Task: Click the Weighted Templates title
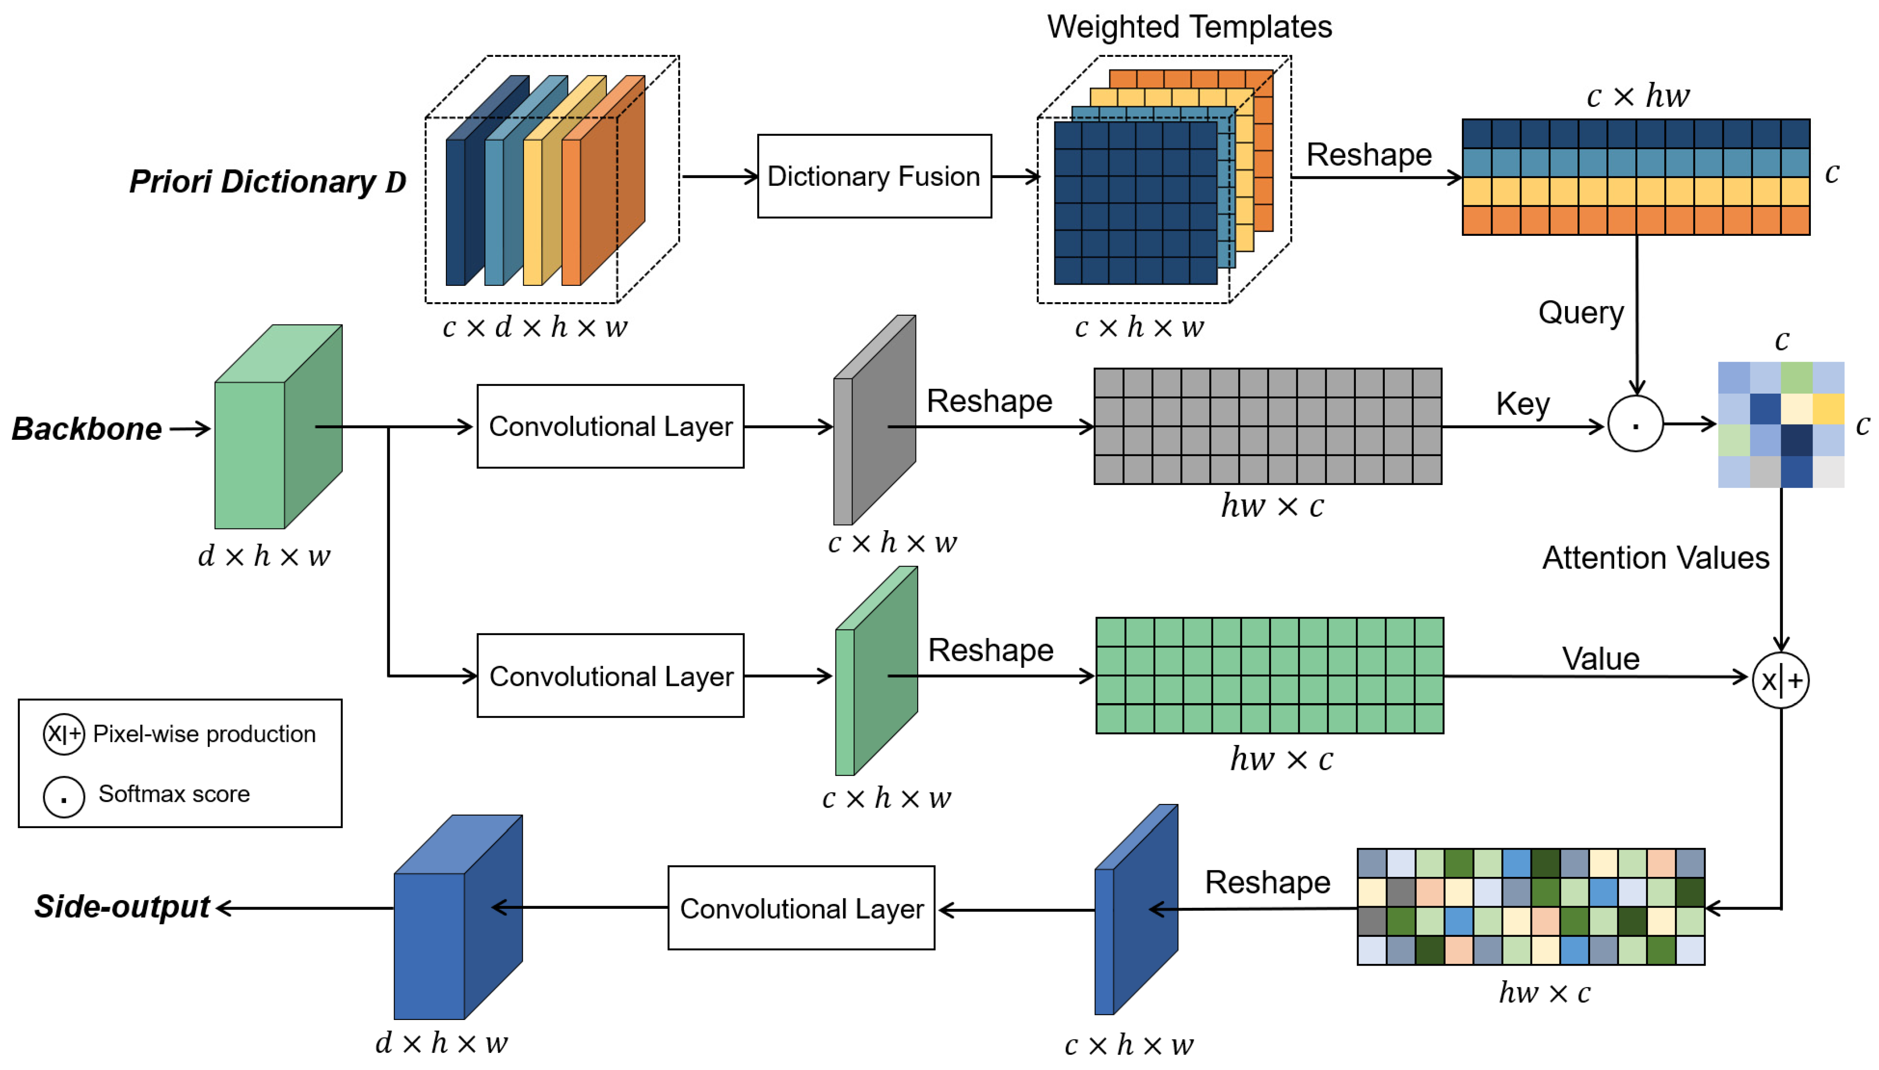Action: [1189, 27]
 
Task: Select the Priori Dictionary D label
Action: [267, 181]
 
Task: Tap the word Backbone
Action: [87, 429]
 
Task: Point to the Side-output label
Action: [122, 907]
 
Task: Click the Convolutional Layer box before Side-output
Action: [800, 908]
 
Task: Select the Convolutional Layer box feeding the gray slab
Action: [610, 426]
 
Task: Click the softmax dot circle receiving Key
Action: [1635, 424]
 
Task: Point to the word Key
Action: [1522, 404]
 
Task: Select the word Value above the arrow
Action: [1600, 658]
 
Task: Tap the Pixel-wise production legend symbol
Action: [64, 734]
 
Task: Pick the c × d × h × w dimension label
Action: [534, 328]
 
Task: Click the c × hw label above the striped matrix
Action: [1637, 96]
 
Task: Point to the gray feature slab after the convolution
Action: [874, 420]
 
